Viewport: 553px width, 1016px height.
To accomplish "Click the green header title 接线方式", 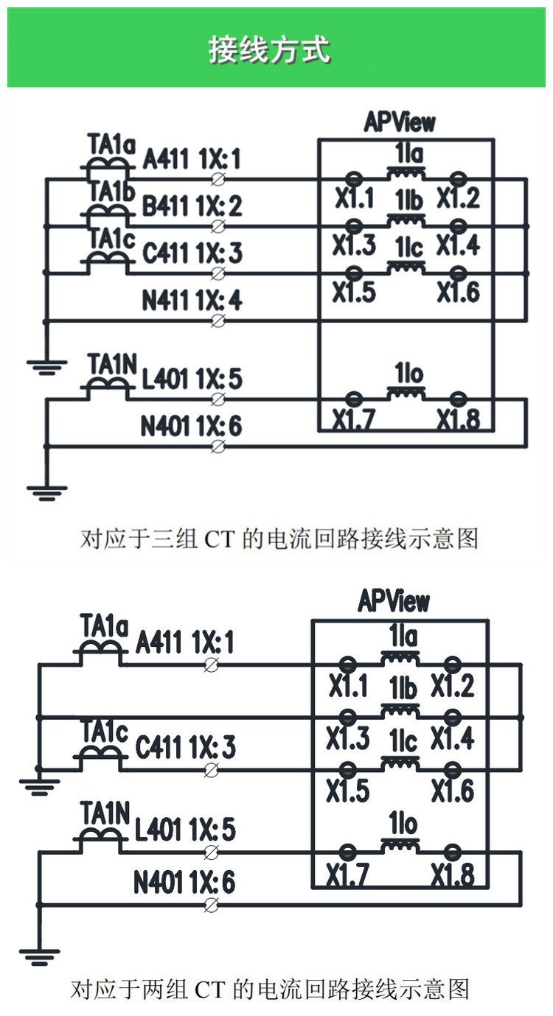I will click(x=269, y=49).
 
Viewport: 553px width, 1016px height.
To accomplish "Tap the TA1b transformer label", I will click(x=112, y=193).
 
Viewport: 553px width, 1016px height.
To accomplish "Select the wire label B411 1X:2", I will click(x=192, y=206).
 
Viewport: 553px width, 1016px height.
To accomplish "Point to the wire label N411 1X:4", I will click(x=192, y=301).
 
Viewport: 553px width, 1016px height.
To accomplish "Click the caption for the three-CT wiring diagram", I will click(x=279, y=539).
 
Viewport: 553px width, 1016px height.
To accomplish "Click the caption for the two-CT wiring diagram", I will click(x=270, y=988).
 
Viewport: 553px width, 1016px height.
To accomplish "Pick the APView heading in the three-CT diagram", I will click(x=400, y=122).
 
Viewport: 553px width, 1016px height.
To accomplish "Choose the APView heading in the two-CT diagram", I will click(x=394, y=601).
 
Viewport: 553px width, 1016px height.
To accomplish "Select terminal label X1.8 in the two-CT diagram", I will click(x=453, y=875).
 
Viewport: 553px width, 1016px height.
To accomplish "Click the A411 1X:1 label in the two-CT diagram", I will click(x=185, y=644).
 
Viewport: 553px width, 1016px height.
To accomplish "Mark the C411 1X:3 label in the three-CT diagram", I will click(x=192, y=253).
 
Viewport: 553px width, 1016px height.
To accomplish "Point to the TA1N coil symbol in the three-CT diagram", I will click(x=108, y=388).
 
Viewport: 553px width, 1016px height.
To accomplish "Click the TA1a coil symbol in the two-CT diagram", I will click(x=99, y=650).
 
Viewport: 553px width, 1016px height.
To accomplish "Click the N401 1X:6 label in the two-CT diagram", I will click(x=184, y=883).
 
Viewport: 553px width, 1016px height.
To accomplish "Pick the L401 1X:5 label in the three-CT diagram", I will click(x=192, y=379).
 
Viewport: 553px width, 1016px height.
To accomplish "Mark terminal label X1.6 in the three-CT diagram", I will click(x=458, y=292).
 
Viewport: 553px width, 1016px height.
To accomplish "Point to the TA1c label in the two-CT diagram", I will click(x=104, y=732).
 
